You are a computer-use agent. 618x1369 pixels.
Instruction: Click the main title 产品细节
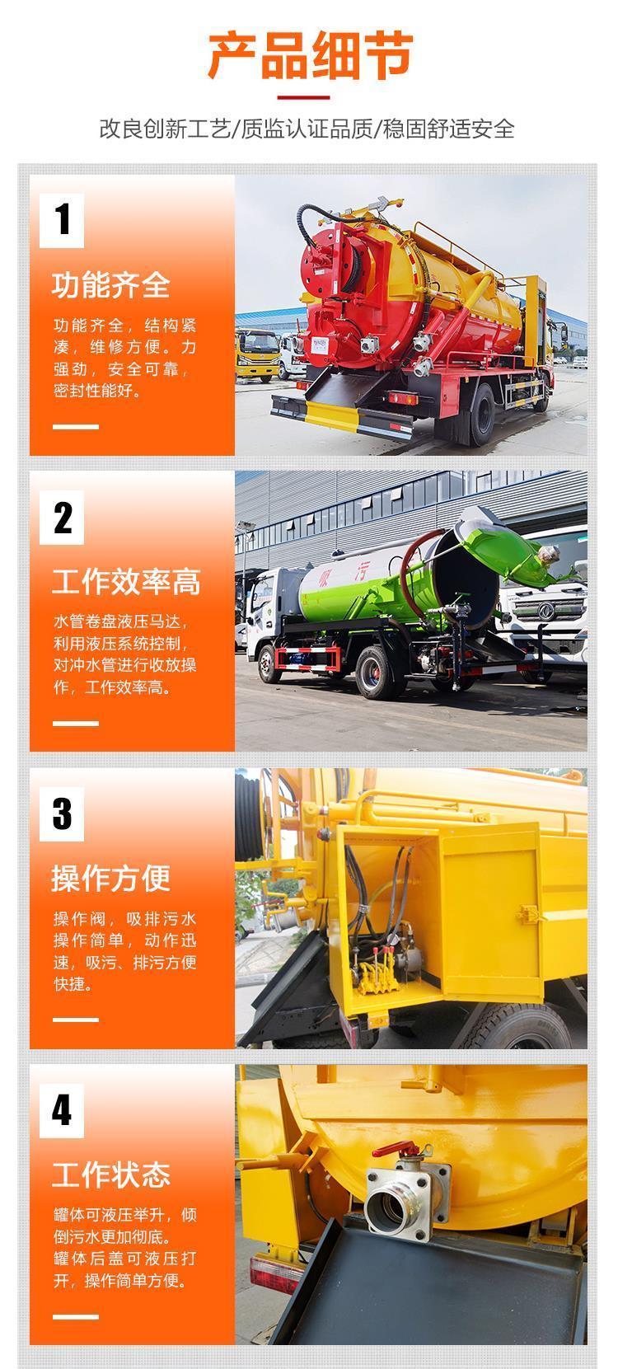pyautogui.click(x=311, y=56)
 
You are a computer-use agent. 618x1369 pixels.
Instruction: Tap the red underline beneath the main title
pyautogui.click(x=303, y=97)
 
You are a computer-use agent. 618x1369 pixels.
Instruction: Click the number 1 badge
pyautogui.click(x=62, y=220)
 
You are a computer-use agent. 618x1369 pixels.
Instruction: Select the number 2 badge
pyautogui.click(x=62, y=518)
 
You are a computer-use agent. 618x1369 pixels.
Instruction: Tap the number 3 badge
pyautogui.click(x=62, y=814)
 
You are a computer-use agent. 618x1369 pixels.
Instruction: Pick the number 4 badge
pyautogui.click(x=62, y=1110)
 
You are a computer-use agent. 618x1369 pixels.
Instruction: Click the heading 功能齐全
pyautogui.click(x=110, y=285)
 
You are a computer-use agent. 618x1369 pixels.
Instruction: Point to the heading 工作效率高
pyautogui.click(x=126, y=581)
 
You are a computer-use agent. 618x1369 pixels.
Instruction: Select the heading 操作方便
pyautogui.click(x=110, y=879)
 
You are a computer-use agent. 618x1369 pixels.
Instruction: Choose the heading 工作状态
pyautogui.click(x=110, y=1174)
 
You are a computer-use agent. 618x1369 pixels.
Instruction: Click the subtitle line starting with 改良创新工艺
pyautogui.click(x=307, y=129)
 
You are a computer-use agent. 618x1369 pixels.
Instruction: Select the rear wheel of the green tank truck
pyautogui.click(x=375, y=673)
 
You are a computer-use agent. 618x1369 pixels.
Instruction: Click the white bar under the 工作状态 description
pyautogui.click(x=75, y=1316)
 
